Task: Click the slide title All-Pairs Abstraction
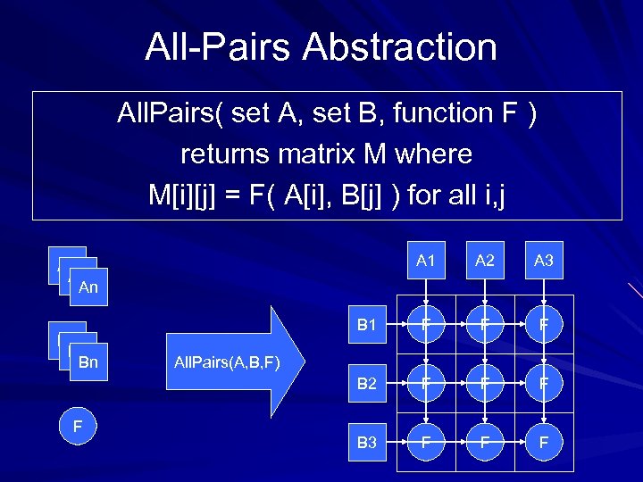321,46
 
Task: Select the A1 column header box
425,261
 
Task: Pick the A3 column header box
544,261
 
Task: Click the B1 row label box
367,325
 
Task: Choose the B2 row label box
367,384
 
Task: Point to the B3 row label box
367,443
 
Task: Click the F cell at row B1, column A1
425,325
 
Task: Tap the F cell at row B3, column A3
544,443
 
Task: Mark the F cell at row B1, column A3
544,325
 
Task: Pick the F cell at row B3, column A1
425,443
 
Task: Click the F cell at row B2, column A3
544,384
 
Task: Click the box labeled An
88,287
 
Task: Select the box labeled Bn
88,362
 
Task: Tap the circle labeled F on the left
78,427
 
